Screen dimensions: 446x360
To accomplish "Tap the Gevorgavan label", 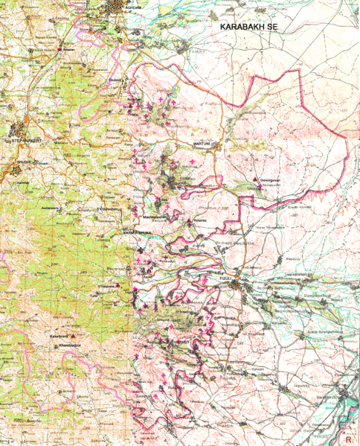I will pos(270,180).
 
